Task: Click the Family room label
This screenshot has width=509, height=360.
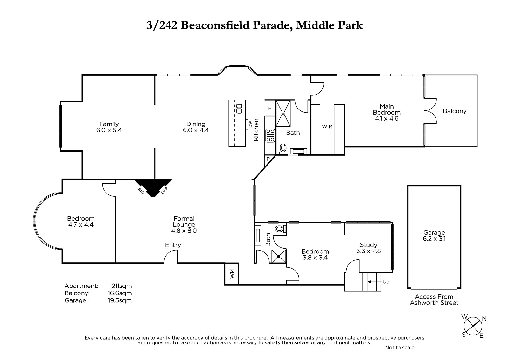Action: tap(109, 127)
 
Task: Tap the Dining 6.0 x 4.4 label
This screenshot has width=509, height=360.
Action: tap(196, 127)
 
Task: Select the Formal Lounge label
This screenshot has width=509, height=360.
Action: tap(184, 224)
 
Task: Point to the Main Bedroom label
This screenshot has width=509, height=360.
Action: tap(387, 112)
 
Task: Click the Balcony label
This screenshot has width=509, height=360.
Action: tap(455, 111)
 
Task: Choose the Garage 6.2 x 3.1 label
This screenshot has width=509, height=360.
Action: tap(434, 236)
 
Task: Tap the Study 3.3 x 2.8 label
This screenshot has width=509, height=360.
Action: tap(368, 248)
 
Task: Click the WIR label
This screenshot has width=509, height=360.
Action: tap(327, 127)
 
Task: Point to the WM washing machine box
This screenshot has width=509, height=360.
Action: tap(232, 274)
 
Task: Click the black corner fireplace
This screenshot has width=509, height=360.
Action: tap(153, 187)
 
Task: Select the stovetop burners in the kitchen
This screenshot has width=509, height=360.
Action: tap(270, 135)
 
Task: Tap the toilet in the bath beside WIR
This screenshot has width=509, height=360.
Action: tap(283, 149)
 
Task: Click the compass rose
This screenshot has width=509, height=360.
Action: tap(473, 326)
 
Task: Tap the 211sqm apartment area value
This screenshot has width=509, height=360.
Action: tap(122, 286)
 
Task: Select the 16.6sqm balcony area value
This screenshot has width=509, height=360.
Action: tap(120, 293)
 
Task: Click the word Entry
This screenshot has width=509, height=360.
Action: tap(173, 245)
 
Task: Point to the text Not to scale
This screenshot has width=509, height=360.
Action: tap(400, 348)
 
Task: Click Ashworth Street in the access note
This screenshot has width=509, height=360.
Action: tap(434, 303)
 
